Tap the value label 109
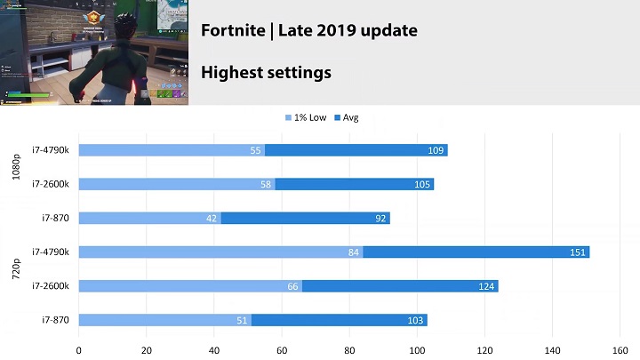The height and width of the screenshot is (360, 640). [436, 150]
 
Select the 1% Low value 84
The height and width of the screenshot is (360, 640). [354, 252]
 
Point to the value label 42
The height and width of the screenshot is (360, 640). [212, 218]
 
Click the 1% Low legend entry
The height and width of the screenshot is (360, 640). [306, 118]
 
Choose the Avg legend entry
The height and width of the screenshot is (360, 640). [345, 118]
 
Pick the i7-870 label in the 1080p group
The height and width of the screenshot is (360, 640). [56, 218]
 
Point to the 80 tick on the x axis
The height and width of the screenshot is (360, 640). [349, 349]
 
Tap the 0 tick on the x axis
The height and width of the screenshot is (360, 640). [79, 349]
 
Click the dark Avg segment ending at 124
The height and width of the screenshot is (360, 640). [400, 286]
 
